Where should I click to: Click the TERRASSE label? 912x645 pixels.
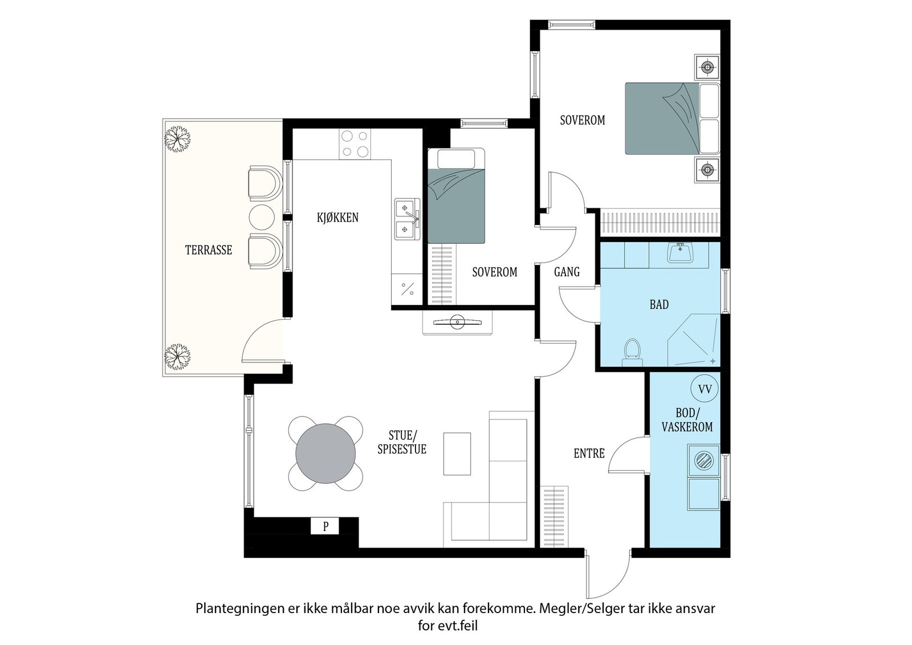point(209,250)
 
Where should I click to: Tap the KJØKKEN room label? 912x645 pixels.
point(337,218)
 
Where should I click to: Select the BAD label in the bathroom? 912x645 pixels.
point(659,304)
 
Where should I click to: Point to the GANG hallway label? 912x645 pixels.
point(567,272)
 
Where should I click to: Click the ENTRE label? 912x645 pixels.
point(589,454)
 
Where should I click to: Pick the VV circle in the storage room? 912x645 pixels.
point(705,389)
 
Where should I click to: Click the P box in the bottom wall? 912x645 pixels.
point(325,526)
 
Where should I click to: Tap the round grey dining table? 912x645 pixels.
point(325,454)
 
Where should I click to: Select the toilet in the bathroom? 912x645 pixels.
point(632,352)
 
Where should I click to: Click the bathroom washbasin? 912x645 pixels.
point(680,253)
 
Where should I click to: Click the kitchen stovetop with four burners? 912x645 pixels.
point(355,144)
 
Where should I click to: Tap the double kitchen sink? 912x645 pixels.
point(407,219)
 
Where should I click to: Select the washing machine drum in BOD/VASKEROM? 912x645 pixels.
point(704,461)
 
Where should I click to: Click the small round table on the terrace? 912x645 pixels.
point(262,217)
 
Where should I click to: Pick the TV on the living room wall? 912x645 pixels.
point(458,323)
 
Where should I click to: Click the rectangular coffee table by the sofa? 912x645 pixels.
point(457,454)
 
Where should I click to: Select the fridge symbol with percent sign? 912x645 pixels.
point(407,289)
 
